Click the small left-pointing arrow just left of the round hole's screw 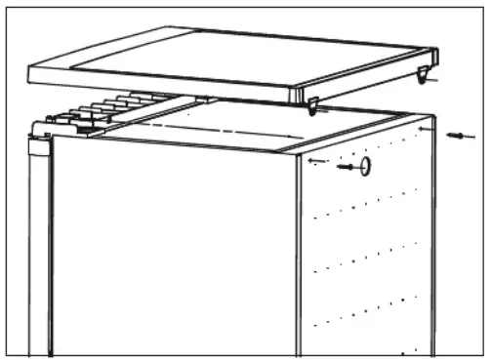(312, 159)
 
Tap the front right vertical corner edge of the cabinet (298, 254)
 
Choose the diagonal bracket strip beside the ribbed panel (146, 115)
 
